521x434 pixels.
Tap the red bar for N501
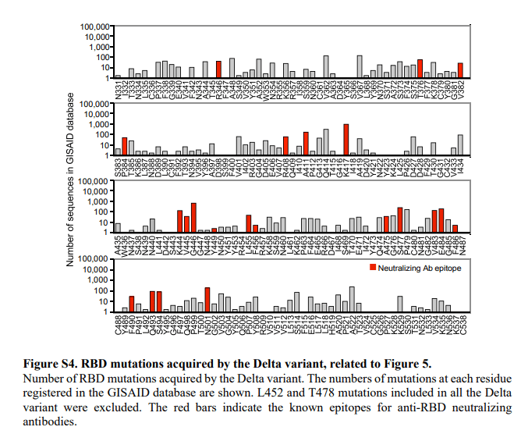[207, 300]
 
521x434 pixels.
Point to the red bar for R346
[219, 69]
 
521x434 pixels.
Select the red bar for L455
[249, 224]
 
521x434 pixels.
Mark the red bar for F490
[132, 304]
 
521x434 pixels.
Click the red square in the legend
[371, 268]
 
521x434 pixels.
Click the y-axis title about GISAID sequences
[70, 180]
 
